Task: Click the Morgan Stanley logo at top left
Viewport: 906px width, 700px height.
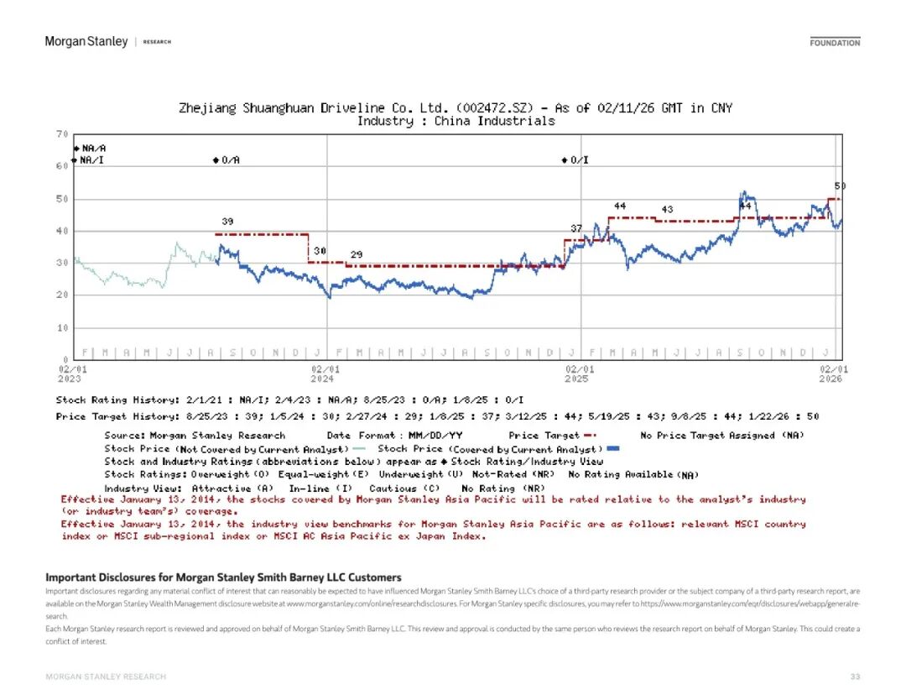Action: (x=86, y=41)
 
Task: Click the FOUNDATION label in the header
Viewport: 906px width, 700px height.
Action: (x=835, y=42)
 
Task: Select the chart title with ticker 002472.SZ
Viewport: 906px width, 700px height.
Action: (x=456, y=108)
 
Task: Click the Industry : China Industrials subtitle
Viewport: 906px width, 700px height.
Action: (x=456, y=121)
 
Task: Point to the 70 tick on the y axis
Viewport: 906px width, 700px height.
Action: (x=62, y=134)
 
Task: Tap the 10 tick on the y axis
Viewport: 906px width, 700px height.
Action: (x=62, y=327)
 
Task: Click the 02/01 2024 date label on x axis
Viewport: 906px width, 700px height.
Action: (x=325, y=374)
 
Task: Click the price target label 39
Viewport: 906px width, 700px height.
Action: (x=227, y=222)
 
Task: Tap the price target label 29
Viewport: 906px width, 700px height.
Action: (x=357, y=254)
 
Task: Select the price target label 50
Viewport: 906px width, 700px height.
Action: (x=839, y=185)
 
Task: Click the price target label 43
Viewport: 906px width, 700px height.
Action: (x=667, y=209)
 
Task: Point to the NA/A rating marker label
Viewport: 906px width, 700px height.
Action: (x=94, y=148)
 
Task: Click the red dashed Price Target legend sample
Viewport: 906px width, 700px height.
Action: (x=590, y=436)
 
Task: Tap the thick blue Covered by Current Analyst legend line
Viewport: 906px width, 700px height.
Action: (x=612, y=449)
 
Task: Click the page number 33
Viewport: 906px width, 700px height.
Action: (x=855, y=676)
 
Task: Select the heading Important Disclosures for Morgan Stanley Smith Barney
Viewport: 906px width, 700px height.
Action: (x=223, y=577)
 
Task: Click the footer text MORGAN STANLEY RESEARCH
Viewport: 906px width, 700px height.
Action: (x=106, y=676)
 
